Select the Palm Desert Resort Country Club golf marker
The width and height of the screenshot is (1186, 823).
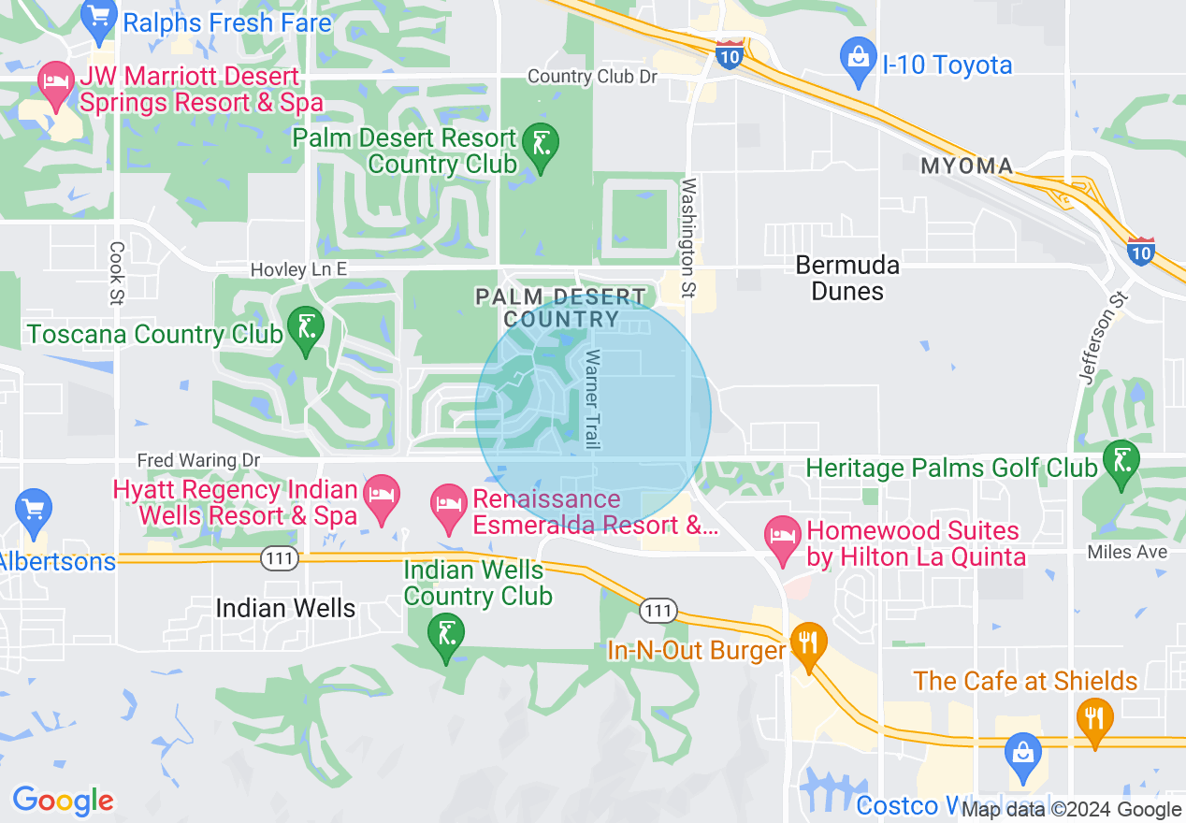pos(540,144)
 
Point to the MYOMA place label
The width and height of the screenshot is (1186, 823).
pos(967,166)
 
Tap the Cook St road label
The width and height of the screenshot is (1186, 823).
pos(117,273)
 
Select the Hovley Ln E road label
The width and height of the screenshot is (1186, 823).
pos(298,269)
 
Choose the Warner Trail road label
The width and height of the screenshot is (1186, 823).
pos(592,399)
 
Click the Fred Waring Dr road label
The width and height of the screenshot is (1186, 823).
pos(198,460)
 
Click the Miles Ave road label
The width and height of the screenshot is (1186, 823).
pos(1127,553)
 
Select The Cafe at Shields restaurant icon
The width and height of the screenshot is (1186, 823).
pos(1093,719)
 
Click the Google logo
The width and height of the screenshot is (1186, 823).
pos(63,801)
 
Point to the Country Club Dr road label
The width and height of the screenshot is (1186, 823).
pos(593,77)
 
